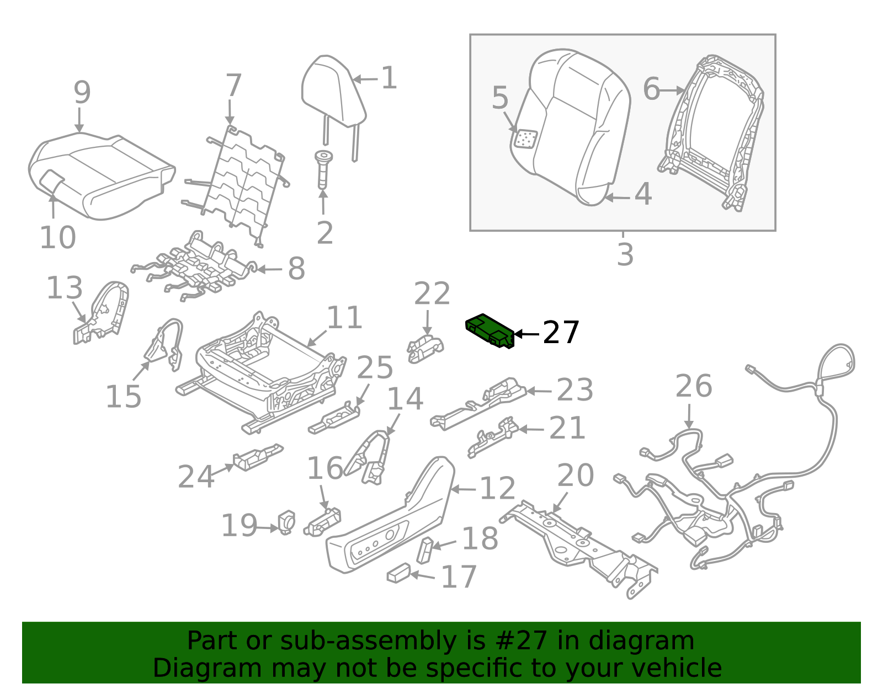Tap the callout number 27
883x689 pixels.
point(561,333)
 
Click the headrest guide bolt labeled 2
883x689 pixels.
point(323,168)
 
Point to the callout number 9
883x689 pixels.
point(82,93)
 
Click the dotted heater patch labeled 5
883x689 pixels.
point(525,139)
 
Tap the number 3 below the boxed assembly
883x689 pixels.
point(625,255)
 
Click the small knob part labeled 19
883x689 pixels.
point(287,521)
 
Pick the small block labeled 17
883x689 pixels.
point(398,573)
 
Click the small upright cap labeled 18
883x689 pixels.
point(425,549)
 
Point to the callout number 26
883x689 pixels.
point(694,386)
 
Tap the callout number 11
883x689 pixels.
point(344,318)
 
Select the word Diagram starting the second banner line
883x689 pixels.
point(185,668)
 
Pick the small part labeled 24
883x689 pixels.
point(257,456)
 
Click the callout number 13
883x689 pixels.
point(65,288)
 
